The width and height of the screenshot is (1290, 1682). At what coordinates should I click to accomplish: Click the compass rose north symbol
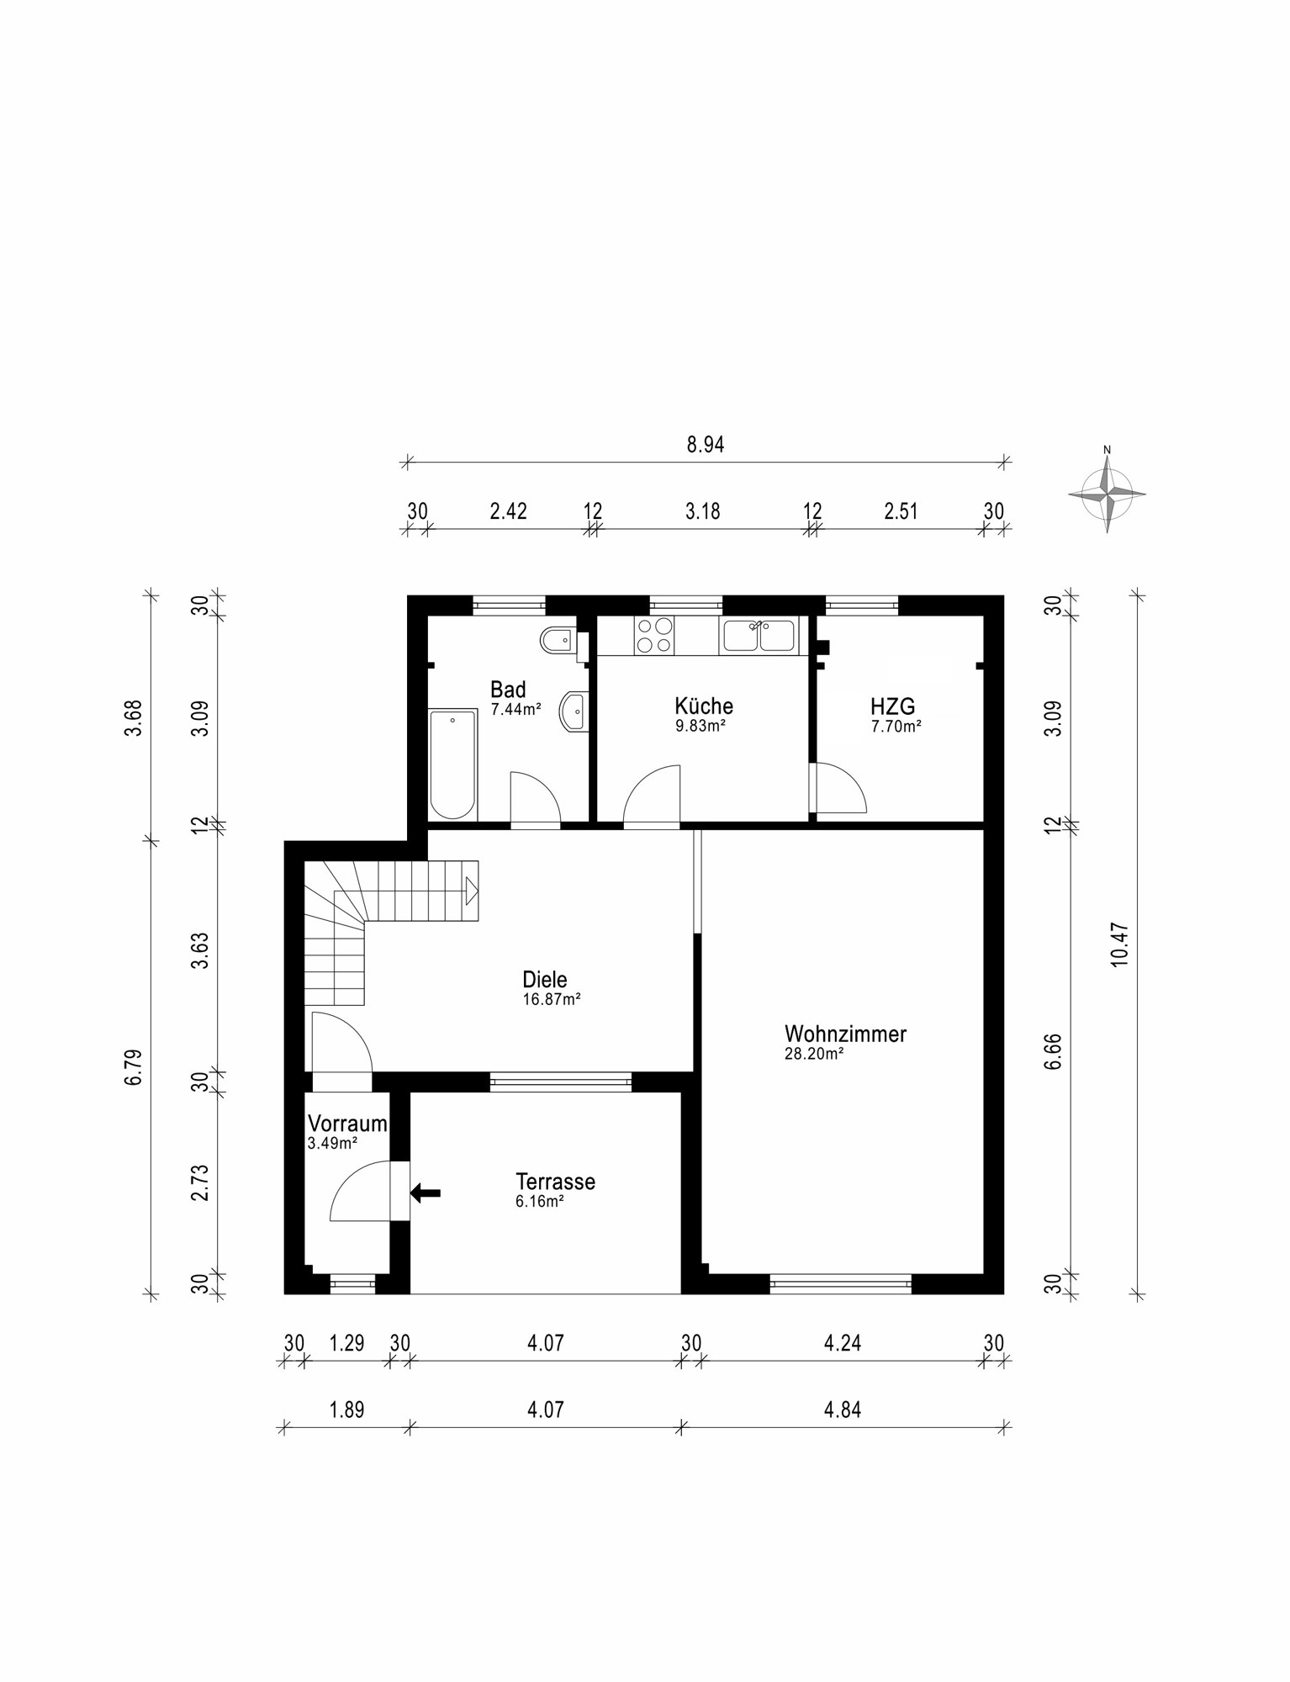point(1107,492)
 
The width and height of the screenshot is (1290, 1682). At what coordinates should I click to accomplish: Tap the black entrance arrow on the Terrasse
point(426,1192)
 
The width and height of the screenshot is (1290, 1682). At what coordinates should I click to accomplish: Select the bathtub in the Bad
point(452,764)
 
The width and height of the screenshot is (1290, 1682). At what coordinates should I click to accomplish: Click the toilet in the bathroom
point(558,642)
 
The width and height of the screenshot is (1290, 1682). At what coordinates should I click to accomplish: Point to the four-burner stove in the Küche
point(655,635)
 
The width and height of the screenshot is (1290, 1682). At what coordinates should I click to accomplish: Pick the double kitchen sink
point(758,636)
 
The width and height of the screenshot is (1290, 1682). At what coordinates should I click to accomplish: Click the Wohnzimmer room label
point(845,1034)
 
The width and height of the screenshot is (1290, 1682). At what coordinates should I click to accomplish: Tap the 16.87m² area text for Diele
point(552,1000)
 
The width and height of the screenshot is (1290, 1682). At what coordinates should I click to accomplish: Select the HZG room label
point(893,706)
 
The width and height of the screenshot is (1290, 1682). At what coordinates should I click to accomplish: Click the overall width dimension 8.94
point(705,444)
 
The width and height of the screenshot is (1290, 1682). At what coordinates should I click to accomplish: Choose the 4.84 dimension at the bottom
point(843,1409)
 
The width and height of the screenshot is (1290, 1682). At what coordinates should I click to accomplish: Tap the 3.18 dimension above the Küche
point(702,510)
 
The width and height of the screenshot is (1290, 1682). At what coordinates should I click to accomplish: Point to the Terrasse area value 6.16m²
point(539,1202)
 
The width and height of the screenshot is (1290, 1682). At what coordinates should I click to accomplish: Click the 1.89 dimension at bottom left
point(346,1409)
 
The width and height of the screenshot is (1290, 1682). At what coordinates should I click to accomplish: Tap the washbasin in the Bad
point(576,712)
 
